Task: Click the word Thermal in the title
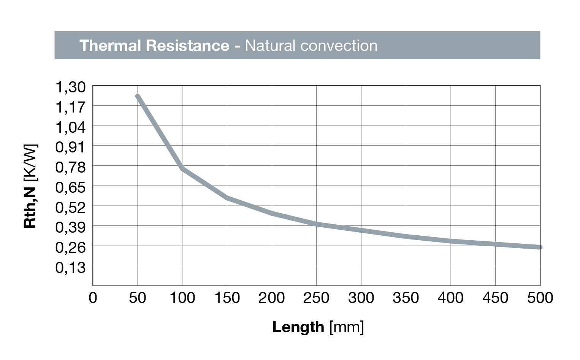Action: click(x=110, y=46)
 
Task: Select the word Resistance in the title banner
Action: click(x=187, y=46)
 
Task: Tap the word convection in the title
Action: click(x=339, y=46)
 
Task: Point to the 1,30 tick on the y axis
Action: click(x=71, y=87)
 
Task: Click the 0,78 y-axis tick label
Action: click(x=71, y=167)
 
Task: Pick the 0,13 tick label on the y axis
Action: click(x=71, y=268)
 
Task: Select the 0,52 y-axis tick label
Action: click(x=71, y=207)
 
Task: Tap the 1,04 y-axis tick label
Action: click(x=71, y=127)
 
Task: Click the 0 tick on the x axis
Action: click(x=93, y=298)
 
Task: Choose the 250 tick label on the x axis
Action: click(x=316, y=298)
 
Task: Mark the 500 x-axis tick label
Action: click(x=540, y=298)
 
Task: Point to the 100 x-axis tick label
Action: click(x=182, y=298)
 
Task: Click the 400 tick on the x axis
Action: click(x=450, y=298)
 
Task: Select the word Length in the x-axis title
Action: click(x=298, y=327)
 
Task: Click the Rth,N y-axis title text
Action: click(x=30, y=207)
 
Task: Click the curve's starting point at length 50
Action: click(x=138, y=97)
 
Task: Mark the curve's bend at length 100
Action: click(x=182, y=168)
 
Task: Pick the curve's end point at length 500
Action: click(x=540, y=247)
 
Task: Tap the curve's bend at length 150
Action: click(x=227, y=198)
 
